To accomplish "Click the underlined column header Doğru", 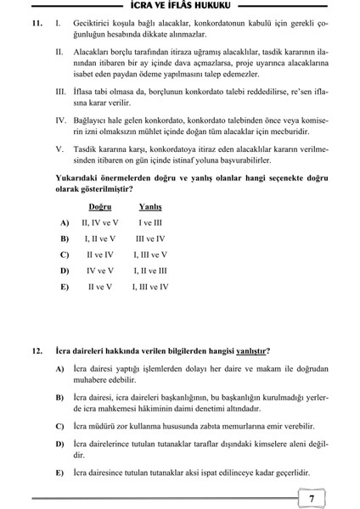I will point(99,206).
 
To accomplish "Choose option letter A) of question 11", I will point(65,222).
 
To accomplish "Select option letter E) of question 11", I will point(65,287).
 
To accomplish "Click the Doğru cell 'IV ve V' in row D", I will point(100,271).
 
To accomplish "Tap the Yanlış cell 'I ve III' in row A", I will point(150,222).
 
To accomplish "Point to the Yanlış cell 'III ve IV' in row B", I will point(150,238).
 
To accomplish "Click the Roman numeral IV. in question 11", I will point(61,122).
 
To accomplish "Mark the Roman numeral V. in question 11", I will point(59,149).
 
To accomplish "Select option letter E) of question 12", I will point(59,473).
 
